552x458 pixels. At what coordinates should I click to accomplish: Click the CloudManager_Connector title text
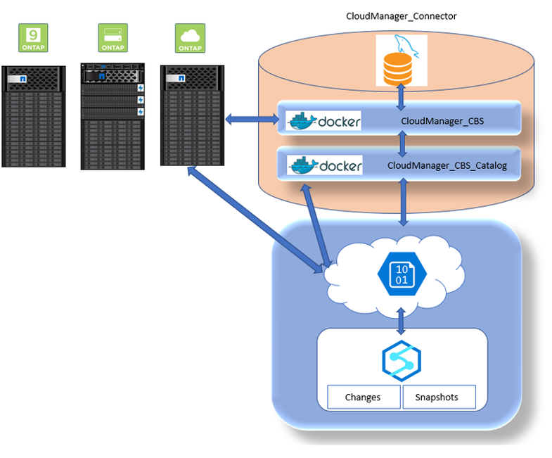pos(402,15)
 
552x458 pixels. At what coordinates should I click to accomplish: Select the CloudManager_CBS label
pos(442,120)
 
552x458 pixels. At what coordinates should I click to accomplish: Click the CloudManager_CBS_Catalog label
pos(447,167)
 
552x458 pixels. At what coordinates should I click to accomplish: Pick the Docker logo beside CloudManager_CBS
pos(324,121)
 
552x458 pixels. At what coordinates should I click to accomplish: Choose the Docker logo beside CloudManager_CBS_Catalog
pos(326,166)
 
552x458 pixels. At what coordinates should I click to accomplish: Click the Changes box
pos(364,397)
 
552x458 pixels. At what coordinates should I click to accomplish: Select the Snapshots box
pos(438,397)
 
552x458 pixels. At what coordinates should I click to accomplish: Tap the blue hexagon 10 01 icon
pos(400,272)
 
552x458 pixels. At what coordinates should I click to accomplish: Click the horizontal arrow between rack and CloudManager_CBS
pos(252,120)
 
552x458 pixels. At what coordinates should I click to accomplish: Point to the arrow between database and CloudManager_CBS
pos(401,96)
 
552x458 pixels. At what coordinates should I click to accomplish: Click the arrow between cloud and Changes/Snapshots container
pos(402,321)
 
